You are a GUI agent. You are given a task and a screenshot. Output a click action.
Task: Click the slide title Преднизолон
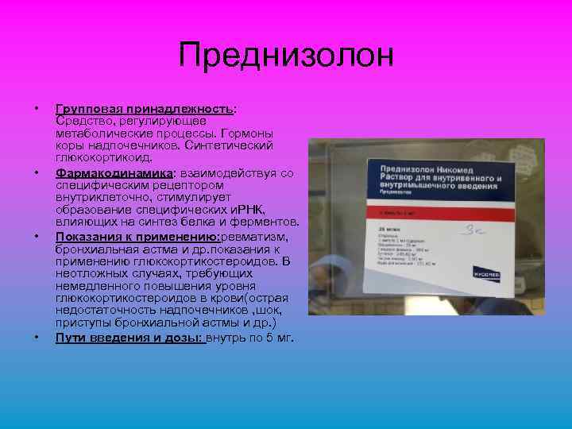[x=286, y=56]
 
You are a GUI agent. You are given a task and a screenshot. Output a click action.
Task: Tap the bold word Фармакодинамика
[x=114, y=172]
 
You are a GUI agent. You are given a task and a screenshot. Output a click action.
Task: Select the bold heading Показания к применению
[x=137, y=238]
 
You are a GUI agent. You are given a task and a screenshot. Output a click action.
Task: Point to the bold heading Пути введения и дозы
[x=130, y=338]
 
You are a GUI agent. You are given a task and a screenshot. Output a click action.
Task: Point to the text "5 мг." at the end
[x=279, y=338]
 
